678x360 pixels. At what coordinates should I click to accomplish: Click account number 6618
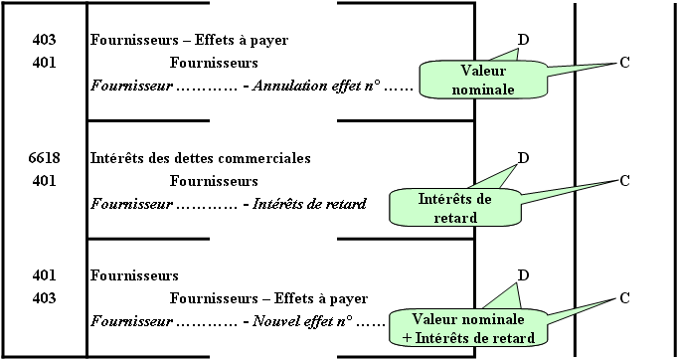44,158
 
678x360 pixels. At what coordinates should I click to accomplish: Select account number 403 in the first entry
44,40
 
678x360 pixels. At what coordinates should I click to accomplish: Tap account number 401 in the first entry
44,63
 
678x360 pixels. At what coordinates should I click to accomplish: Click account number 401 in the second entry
44,181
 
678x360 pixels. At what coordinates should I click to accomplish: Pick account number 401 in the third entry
44,275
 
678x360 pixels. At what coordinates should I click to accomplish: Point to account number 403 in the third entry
44,298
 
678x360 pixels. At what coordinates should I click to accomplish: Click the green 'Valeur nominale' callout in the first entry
483,80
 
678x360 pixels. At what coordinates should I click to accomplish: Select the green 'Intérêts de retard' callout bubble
455,208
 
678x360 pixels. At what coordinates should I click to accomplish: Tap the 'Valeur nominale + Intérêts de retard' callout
468,328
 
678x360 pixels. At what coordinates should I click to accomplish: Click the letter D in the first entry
523,40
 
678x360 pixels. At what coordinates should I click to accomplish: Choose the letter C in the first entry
624,63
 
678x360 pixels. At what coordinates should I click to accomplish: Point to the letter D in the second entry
523,158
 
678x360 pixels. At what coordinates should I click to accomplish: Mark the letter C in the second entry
624,181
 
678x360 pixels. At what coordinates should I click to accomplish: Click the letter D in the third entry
523,275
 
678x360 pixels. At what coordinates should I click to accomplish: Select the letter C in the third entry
624,298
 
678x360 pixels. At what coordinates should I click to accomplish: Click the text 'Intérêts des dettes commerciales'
200,158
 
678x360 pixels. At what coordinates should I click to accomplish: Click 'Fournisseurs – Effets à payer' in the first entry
189,40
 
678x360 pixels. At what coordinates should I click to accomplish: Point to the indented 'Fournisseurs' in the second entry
214,181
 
